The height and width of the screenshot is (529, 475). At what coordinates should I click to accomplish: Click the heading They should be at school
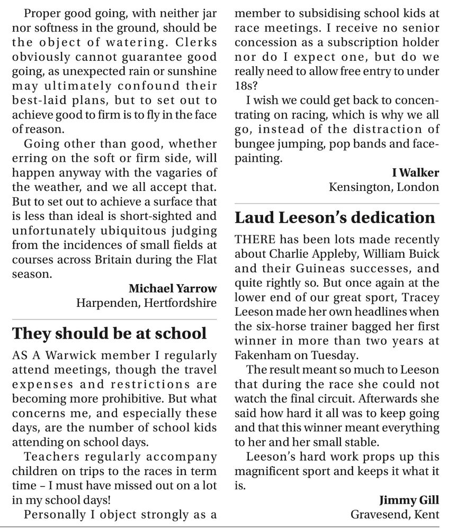point(110,334)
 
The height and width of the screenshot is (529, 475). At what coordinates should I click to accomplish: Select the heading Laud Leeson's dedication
point(335,218)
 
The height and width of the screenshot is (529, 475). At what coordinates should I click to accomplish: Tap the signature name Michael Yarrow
point(173,289)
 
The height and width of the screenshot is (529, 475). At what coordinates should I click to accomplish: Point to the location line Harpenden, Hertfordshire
point(147,303)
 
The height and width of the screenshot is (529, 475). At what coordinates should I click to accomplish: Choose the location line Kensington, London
point(384,187)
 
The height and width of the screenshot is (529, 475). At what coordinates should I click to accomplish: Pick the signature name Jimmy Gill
point(409,500)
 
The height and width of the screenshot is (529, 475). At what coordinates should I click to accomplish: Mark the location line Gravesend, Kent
point(395,514)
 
